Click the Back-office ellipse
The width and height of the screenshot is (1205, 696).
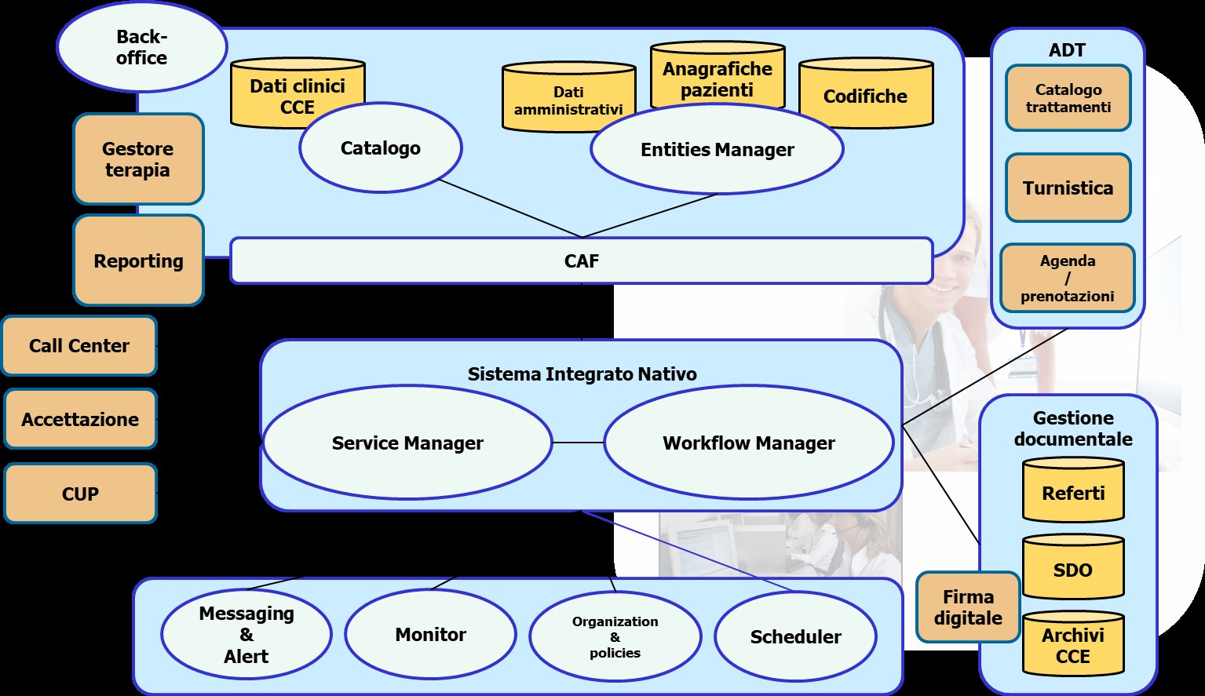click(x=141, y=47)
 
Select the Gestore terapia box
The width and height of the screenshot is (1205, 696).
click(x=138, y=159)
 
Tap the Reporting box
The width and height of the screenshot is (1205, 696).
click(x=138, y=261)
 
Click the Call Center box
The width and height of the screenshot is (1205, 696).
click(x=79, y=346)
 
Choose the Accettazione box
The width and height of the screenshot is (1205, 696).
click(x=80, y=420)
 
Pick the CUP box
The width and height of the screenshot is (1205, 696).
click(x=80, y=494)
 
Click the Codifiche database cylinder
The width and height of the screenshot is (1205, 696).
click(x=865, y=96)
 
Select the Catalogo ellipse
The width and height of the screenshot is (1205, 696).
click(x=381, y=148)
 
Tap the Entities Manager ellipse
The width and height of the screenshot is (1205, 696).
click(x=717, y=150)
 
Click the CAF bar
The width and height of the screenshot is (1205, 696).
click(x=581, y=261)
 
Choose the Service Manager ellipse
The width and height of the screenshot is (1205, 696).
click(x=407, y=443)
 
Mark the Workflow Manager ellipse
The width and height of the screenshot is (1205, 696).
click(x=748, y=443)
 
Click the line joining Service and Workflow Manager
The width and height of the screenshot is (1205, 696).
click(x=578, y=443)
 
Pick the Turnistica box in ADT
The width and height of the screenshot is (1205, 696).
click(x=1068, y=188)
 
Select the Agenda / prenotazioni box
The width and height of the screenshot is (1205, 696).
click(x=1067, y=279)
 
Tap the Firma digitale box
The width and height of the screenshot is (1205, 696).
click(x=968, y=607)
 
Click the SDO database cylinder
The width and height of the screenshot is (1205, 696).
click(x=1072, y=570)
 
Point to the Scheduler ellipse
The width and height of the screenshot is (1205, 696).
click(x=795, y=636)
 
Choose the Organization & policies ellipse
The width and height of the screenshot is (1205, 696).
click(x=615, y=636)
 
